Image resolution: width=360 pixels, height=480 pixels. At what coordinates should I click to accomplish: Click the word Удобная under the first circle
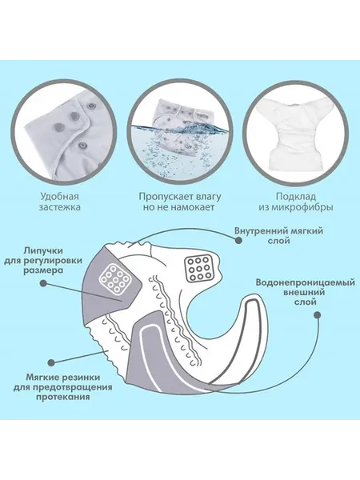pyautogui.click(x=59, y=196)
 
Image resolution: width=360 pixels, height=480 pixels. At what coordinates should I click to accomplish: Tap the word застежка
pyautogui.click(x=59, y=207)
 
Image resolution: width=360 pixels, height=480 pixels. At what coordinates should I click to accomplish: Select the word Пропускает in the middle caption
pyautogui.click(x=162, y=196)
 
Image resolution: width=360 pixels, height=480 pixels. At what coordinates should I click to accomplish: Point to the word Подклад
pyautogui.click(x=296, y=196)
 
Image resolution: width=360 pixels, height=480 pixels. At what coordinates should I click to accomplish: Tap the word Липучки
pyautogui.click(x=43, y=251)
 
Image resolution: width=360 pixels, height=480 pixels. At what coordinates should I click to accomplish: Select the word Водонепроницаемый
pyautogui.click(x=306, y=282)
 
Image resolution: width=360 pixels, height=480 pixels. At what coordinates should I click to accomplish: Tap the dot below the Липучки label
pyautogui.click(x=44, y=283)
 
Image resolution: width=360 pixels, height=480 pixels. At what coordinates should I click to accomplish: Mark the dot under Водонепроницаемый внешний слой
pyautogui.click(x=318, y=314)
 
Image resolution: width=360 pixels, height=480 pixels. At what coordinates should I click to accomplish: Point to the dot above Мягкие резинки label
pyautogui.click(x=52, y=362)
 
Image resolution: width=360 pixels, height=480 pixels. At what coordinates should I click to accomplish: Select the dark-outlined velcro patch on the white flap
pyautogui.click(x=198, y=269)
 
